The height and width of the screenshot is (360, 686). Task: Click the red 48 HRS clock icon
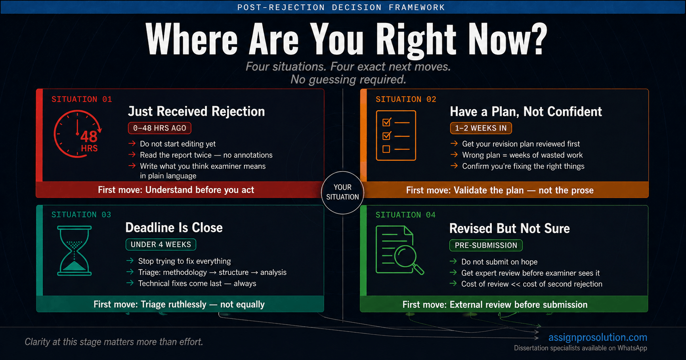78,134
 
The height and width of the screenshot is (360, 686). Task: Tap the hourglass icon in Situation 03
75,250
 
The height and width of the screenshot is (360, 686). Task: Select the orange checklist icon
396,135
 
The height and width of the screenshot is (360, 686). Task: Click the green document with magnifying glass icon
399,250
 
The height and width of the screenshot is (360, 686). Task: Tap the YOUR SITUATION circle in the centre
342,192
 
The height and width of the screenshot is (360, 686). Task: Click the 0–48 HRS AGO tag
160,128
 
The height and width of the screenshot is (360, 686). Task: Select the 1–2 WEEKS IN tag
481,128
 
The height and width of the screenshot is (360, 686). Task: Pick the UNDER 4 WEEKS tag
161,244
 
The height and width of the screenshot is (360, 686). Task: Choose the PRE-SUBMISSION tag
486,245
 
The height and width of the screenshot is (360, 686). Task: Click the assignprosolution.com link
598,337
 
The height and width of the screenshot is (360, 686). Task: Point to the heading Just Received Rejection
196,111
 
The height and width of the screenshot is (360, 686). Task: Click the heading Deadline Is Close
174,227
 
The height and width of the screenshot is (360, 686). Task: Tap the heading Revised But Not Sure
509,229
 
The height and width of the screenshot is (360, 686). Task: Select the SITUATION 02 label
406,99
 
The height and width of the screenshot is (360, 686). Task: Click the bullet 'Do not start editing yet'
178,144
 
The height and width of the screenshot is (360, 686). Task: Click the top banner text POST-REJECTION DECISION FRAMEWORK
341,8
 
